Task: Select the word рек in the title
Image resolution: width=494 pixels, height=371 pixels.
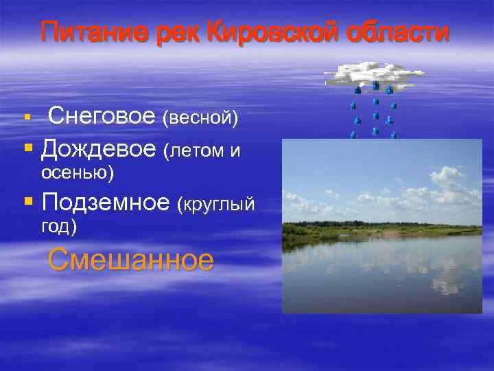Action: pyautogui.click(x=180, y=32)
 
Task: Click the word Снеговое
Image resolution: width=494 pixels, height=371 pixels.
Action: pyautogui.click(x=102, y=117)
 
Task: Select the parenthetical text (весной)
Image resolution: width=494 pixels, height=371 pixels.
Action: pyautogui.click(x=200, y=119)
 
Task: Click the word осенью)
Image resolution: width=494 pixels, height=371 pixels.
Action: pyautogui.click(x=78, y=172)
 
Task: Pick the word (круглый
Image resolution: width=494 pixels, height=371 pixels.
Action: pyautogui.click(x=216, y=204)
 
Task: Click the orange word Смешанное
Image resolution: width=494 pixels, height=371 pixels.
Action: pyautogui.click(x=131, y=260)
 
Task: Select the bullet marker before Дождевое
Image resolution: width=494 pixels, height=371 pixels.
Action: pyautogui.click(x=28, y=146)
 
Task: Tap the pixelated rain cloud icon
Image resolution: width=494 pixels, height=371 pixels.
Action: pyautogui.click(x=373, y=75)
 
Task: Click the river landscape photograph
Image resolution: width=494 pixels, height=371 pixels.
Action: pyautogui.click(x=381, y=226)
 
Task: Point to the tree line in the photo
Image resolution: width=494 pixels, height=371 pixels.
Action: pyautogui.click(x=381, y=227)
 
